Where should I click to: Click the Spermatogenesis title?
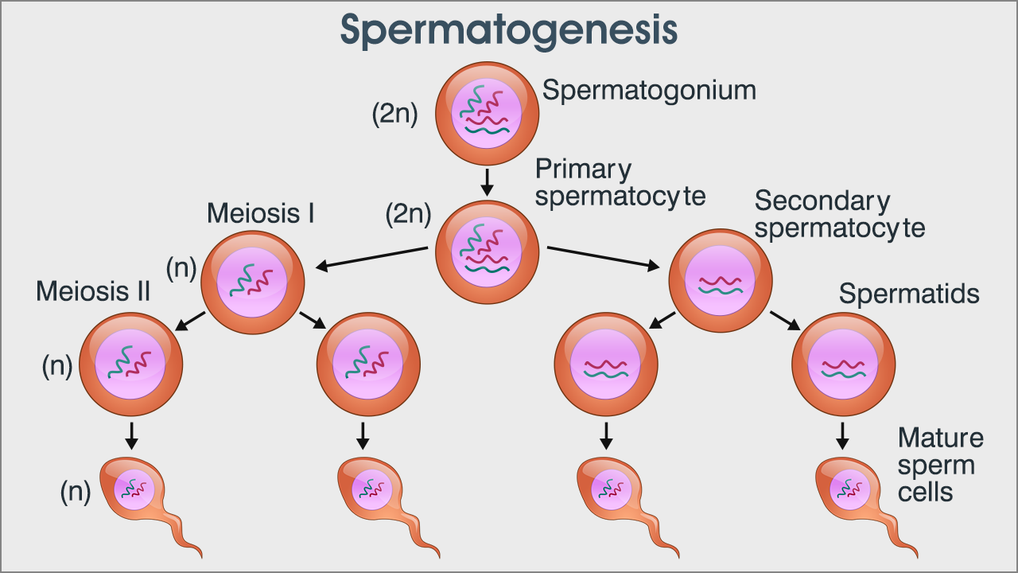pyautogui.click(x=509, y=30)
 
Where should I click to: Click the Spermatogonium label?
pyautogui.click(x=649, y=90)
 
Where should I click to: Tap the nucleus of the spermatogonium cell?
pyautogui.click(x=487, y=111)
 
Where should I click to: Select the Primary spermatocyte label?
pyautogui.click(x=620, y=182)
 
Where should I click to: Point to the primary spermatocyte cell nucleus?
pyautogui.click(x=487, y=251)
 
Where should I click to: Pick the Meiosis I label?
pyautogui.click(x=261, y=213)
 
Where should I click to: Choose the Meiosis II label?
pyautogui.click(x=93, y=291)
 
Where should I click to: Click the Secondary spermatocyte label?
pyautogui.click(x=839, y=215)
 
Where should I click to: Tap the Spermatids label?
pyautogui.click(x=909, y=294)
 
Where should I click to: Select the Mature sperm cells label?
pyautogui.click(x=940, y=465)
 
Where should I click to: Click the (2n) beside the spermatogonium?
pyautogui.click(x=394, y=115)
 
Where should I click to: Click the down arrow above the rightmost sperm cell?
pyautogui.click(x=843, y=435)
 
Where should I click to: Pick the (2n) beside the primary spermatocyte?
pyautogui.click(x=408, y=213)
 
